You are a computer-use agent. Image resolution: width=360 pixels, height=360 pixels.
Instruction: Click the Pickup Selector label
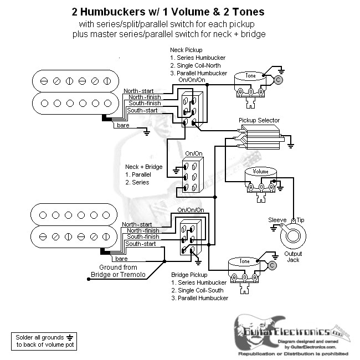pos(259,120)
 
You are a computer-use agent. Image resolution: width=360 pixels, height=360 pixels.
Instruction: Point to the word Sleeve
pos(277,220)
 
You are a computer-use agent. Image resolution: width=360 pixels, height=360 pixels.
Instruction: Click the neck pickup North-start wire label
pos(139,90)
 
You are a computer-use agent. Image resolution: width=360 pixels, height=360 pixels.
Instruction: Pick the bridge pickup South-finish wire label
pos(143,236)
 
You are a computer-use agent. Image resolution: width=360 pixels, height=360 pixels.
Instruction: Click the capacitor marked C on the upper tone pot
pos(278,80)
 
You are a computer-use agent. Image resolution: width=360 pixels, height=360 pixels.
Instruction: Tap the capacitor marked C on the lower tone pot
pos(271,266)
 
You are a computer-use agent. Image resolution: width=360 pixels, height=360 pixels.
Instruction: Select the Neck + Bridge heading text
pos(143,167)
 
